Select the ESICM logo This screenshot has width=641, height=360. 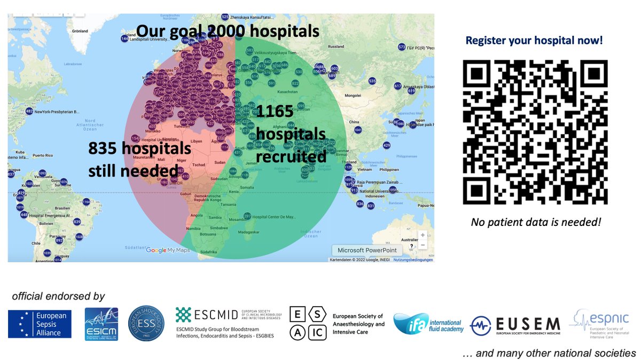[x=101, y=324]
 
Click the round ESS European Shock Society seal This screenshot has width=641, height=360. [x=147, y=323]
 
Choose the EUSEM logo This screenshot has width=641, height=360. [x=515, y=324]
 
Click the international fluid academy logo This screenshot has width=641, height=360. [x=427, y=324]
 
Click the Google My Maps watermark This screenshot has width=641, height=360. [x=168, y=250]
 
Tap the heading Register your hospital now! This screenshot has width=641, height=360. [x=534, y=40]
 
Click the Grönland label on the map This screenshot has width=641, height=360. [x=80, y=31]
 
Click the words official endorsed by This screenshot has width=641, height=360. [x=58, y=296]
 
